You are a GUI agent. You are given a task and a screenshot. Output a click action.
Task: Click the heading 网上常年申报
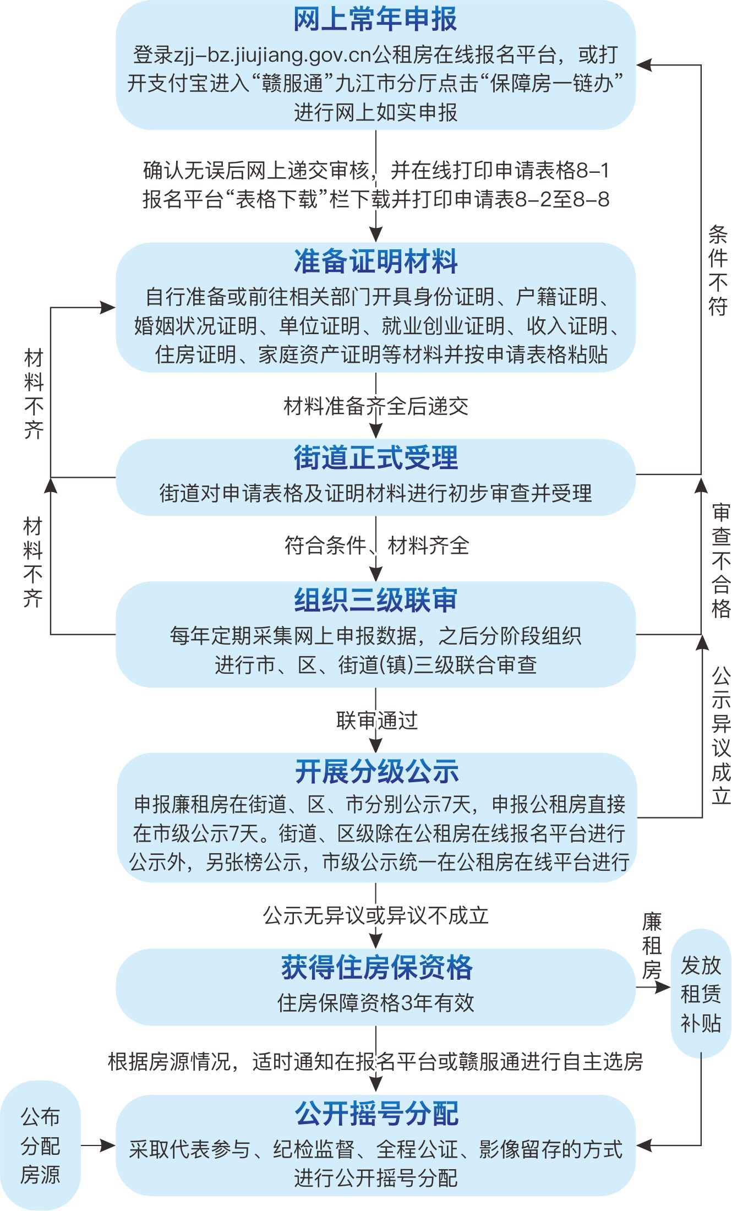click(375, 20)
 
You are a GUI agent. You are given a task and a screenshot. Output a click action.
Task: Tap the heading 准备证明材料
click(375, 261)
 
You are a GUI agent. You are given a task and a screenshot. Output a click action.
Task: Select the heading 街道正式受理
click(375, 457)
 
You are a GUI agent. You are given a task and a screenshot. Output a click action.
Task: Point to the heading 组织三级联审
click(375, 600)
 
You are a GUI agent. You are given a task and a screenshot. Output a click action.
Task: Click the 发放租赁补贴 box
click(701, 994)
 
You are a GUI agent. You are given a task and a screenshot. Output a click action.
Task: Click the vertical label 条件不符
click(718, 270)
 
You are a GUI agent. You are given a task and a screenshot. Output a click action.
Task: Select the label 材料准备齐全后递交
click(375, 406)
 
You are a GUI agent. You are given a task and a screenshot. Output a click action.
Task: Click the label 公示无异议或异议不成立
click(375, 915)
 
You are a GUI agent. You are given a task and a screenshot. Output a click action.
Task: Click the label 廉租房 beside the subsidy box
click(652, 946)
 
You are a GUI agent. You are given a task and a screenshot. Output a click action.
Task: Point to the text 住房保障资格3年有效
click(375, 1002)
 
